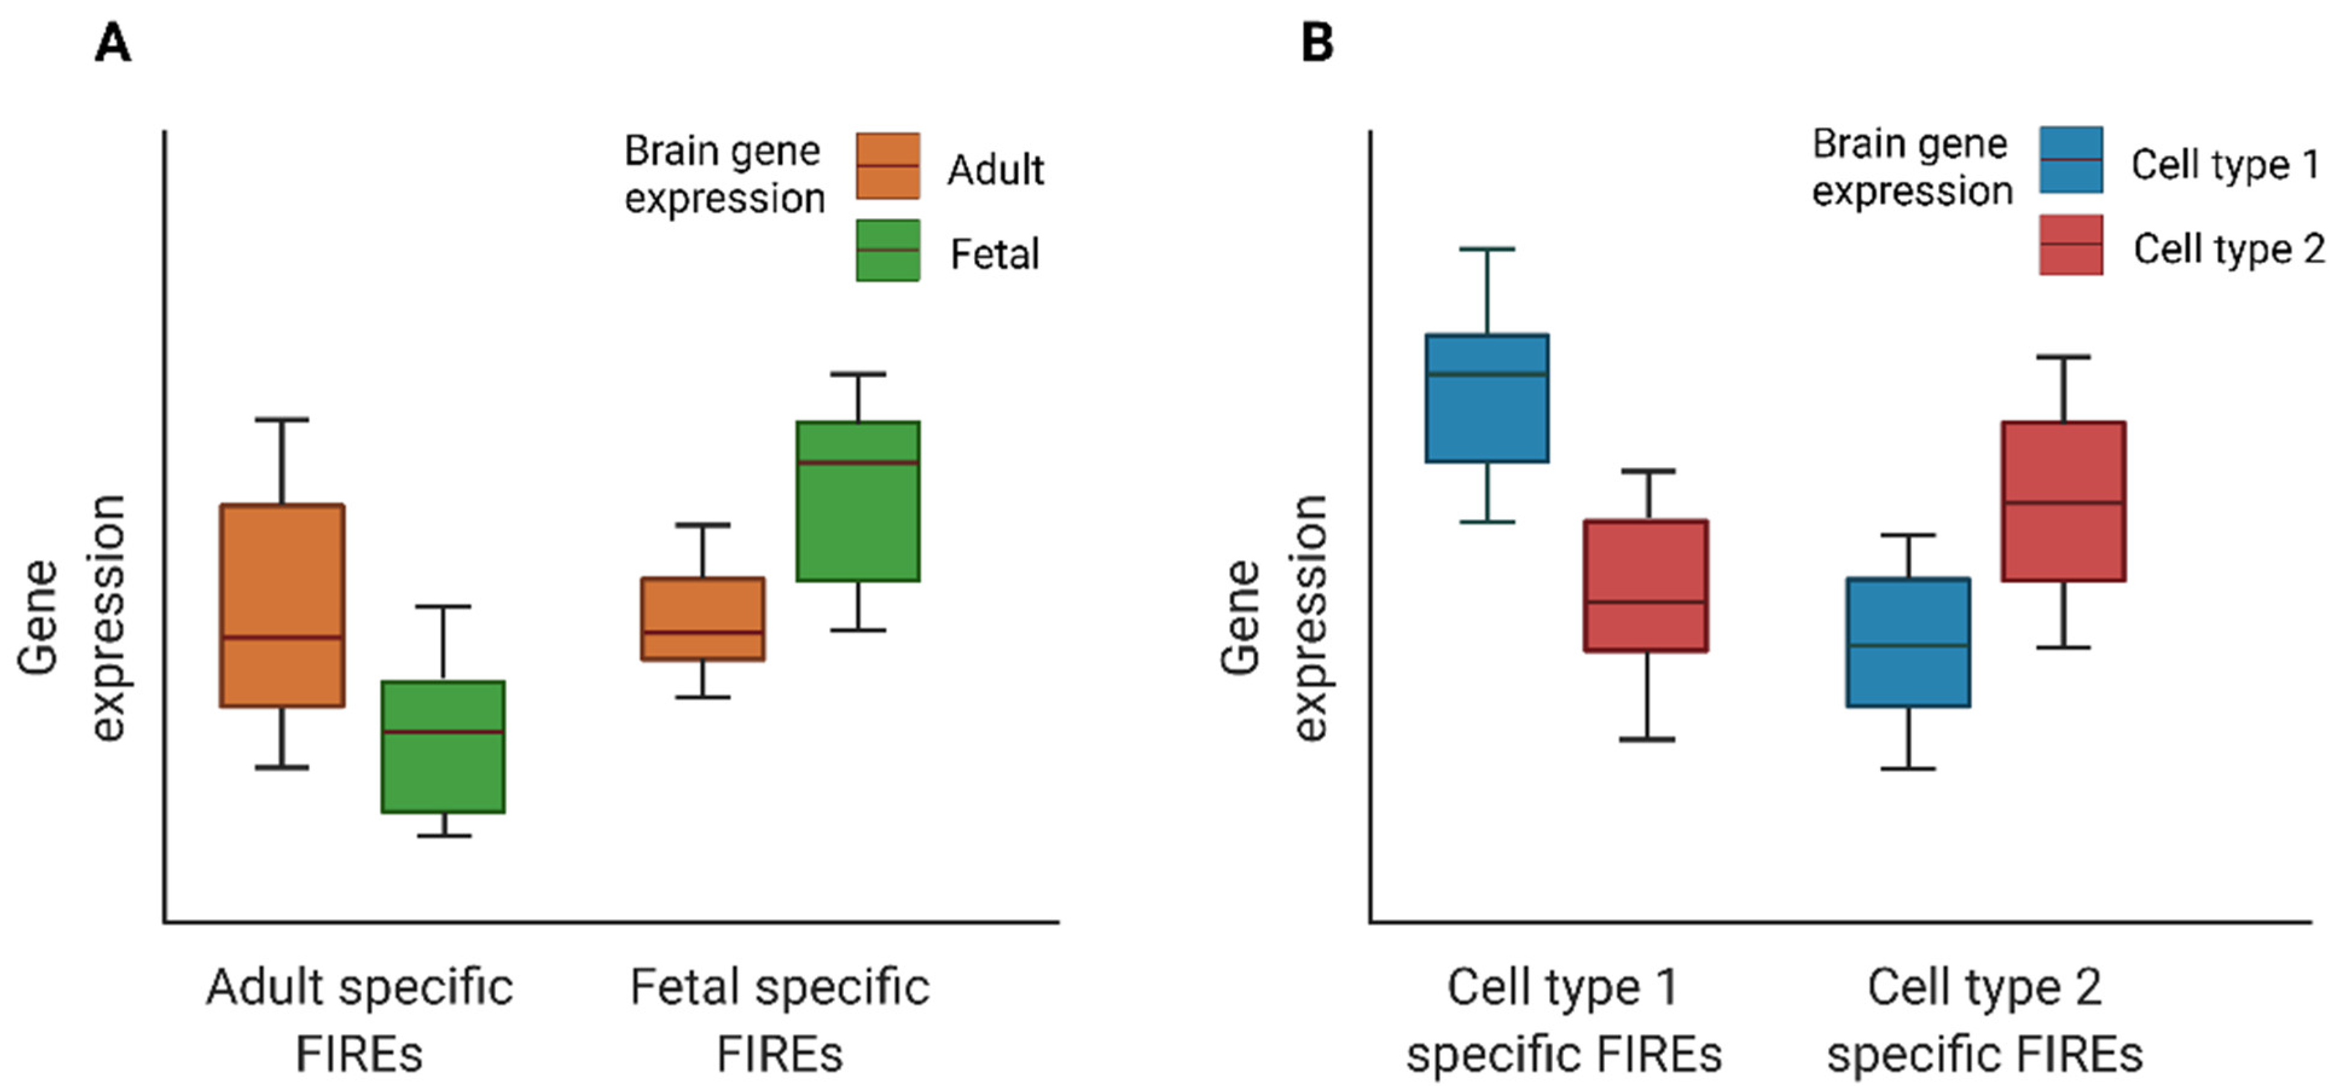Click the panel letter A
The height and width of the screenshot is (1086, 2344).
click(113, 43)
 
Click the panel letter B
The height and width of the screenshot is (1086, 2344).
click(1317, 43)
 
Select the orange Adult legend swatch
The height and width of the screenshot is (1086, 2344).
click(887, 166)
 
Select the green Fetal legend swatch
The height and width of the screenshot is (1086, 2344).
click(887, 250)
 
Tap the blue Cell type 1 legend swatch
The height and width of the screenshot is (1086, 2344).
click(2070, 160)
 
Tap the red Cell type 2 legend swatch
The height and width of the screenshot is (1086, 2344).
click(2070, 245)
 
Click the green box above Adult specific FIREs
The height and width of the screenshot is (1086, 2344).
click(443, 746)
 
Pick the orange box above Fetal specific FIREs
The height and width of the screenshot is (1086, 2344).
click(702, 619)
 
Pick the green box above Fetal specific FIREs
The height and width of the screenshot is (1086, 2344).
click(858, 500)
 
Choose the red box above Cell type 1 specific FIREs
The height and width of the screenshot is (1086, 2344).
click(1645, 586)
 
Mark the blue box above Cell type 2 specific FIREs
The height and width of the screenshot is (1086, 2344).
click(1908, 642)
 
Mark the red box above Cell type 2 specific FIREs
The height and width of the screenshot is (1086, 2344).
click(2063, 500)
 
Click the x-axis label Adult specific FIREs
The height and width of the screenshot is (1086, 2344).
click(359, 1020)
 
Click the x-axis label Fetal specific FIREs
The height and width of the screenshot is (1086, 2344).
click(780, 1020)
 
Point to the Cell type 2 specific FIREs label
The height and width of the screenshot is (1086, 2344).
click(1985, 1020)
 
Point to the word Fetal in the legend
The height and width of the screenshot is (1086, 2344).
click(995, 254)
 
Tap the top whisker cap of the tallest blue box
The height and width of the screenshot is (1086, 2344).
click(1487, 248)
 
